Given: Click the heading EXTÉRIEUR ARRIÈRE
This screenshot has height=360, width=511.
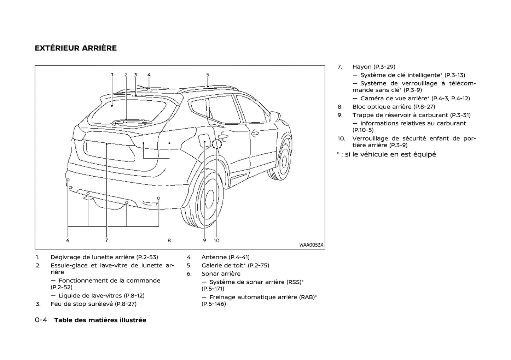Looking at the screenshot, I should (76, 48).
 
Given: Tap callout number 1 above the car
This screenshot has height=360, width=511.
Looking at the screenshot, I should (112, 75).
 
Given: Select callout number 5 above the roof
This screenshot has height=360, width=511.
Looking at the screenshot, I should (208, 75).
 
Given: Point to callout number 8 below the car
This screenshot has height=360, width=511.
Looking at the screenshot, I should (169, 240).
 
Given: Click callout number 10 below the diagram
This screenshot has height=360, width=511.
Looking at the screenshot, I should (216, 240).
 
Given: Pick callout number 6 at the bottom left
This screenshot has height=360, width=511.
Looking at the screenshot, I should (68, 240).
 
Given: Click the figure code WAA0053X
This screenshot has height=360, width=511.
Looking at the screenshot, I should (311, 245).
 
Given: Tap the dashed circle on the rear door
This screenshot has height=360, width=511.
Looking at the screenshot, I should (216, 144).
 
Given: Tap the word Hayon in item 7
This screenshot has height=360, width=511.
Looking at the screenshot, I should (362, 67).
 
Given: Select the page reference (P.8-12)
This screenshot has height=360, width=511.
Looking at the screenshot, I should (131, 296).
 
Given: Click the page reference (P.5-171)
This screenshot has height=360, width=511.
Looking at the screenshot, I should (213, 289).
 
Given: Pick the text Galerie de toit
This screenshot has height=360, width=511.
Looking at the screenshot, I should (222, 265).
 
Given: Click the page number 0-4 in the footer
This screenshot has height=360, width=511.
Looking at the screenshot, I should (41, 320).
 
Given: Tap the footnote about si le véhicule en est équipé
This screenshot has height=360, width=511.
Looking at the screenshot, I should (386, 154).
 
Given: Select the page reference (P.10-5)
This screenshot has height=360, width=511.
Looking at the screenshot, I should (363, 130).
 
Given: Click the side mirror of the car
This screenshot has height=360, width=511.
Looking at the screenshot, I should (275, 115).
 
